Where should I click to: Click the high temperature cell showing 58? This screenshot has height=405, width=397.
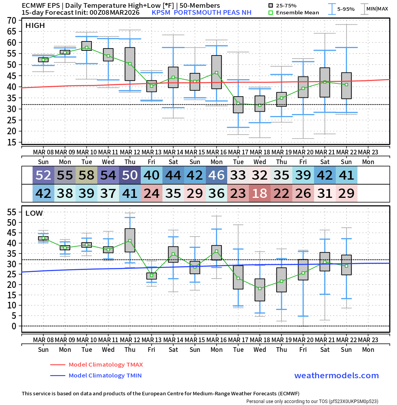86,175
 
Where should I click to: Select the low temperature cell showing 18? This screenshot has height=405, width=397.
260,193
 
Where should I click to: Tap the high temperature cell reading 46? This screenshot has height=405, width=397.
216,175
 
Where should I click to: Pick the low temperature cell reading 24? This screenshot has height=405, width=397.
152,193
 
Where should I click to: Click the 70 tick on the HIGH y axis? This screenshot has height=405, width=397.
11,20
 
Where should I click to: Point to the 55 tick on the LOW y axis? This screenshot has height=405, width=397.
11,212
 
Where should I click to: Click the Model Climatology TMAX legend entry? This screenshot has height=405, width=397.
105,365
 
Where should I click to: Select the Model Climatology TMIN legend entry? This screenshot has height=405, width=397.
105,376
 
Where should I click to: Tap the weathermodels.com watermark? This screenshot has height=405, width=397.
336,376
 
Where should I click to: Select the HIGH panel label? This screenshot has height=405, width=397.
35,26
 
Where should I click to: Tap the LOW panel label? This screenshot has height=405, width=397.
34,213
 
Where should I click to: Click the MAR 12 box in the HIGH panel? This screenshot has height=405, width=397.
130,64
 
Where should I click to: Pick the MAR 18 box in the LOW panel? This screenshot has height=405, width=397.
260,290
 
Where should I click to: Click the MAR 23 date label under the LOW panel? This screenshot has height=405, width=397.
368,340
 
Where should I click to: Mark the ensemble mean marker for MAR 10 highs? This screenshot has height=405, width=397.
86,47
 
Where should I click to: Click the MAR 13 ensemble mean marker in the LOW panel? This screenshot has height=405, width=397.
152,275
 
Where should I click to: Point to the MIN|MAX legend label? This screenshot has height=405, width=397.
377,9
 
